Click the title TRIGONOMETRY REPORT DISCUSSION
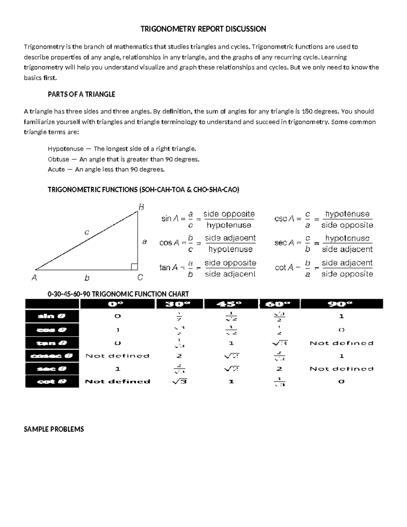(x=203, y=29)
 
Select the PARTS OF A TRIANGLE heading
(x=81, y=94)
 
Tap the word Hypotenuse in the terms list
(x=65, y=149)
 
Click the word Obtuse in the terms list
(x=58, y=159)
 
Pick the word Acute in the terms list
(x=56, y=169)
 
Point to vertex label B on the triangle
(x=141, y=207)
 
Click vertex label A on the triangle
(x=34, y=278)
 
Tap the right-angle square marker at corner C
(x=134, y=267)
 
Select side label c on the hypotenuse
(x=87, y=232)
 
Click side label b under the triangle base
(x=87, y=278)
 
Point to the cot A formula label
(x=284, y=268)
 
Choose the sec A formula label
(x=284, y=243)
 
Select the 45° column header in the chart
(x=230, y=304)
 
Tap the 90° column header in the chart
(x=341, y=304)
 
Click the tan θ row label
(x=52, y=343)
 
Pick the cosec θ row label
(x=52, y=356)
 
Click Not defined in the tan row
(x=341, y=343)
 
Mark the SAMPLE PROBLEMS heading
(x=54, y=429)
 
